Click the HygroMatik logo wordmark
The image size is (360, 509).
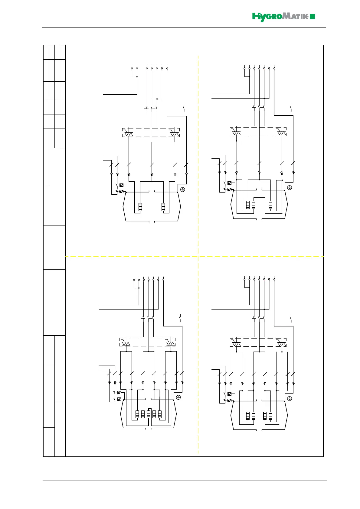pos(280,17)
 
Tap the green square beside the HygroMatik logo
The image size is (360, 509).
pos(313,17)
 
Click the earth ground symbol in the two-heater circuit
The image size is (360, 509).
pos(182,190)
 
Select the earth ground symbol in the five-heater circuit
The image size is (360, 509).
pos(178,397)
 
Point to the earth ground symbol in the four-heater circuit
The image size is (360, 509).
pos(290,398)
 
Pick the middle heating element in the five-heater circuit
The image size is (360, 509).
pos(149,414)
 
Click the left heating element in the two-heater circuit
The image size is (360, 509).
pos(140,207)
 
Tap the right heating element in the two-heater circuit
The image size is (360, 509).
pos(163,207)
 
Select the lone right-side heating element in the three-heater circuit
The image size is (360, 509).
pos(271,205)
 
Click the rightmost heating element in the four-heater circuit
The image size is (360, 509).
pos(271,416)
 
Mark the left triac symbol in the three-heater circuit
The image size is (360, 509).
pos(236,132)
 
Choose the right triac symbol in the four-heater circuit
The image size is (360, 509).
pos(282,344)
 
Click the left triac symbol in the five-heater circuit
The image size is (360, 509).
pos(126,344)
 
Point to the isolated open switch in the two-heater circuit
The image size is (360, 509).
pos(184,108)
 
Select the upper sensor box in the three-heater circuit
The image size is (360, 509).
pos(230,183)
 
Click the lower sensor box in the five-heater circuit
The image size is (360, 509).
pos(119,399)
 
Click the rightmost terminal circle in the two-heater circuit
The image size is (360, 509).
pos(167,68)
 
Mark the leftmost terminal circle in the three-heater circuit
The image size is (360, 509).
pos(244,68)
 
